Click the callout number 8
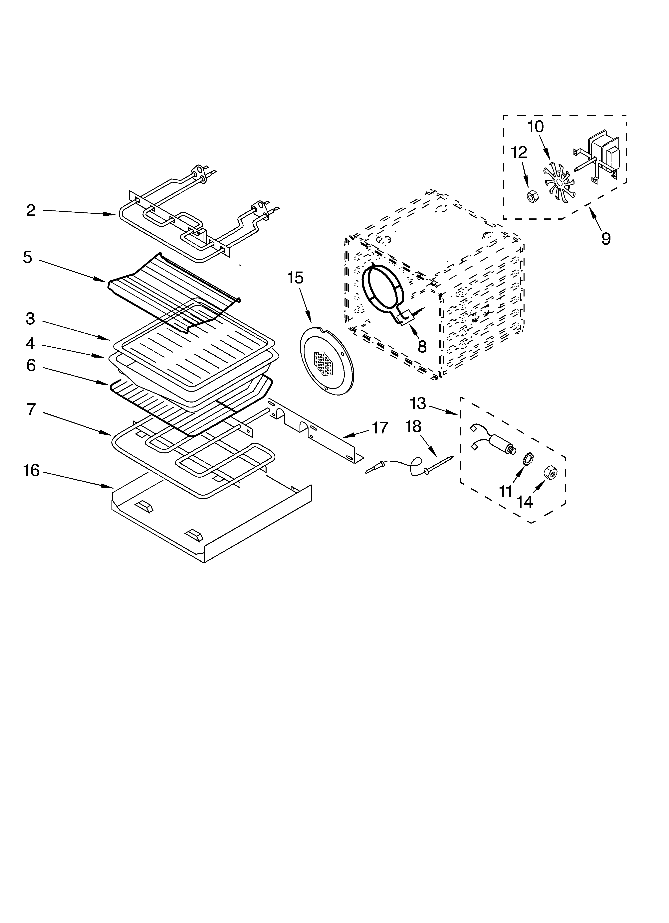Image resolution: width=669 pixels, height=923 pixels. coord(422,346)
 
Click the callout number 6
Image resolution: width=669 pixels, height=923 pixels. coord(31,365)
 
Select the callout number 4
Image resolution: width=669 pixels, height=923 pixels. coord(30,343)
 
